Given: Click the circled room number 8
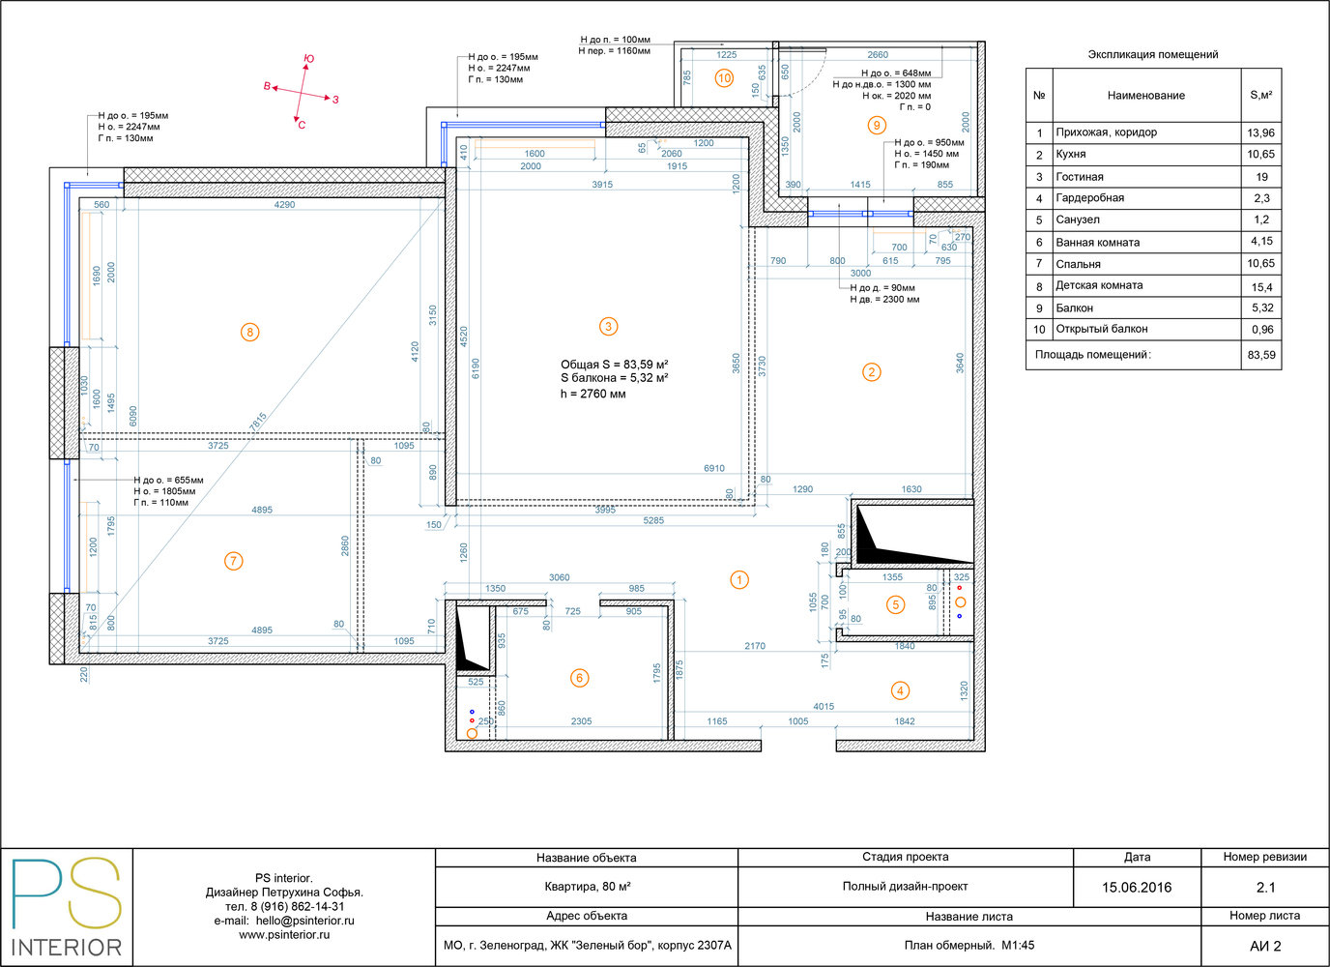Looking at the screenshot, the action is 249,332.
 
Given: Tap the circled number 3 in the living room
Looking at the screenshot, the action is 608,326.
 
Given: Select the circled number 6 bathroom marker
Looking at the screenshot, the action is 580,678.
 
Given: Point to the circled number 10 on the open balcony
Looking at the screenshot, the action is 724,77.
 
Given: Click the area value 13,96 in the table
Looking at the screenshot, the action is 1260,132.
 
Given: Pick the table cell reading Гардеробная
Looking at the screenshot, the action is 1089,198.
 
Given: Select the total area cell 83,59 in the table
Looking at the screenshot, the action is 1261,355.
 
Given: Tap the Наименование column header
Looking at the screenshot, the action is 1146,95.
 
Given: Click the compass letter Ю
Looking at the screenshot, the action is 308,59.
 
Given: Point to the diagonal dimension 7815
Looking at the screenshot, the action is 258,422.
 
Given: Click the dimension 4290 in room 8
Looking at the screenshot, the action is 284,204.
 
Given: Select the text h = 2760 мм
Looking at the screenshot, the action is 593,394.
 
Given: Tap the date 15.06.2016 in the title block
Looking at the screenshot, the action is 1137,888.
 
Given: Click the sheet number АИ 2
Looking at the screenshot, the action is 1265,946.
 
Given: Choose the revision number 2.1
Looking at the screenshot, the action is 1265,888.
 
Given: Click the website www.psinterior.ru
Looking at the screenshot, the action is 284,934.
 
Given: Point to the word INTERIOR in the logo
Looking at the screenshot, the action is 67,948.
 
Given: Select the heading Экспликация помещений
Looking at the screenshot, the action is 1152,55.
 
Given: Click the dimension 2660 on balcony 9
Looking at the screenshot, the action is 878,55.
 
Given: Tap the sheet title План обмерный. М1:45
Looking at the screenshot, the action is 969,945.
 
